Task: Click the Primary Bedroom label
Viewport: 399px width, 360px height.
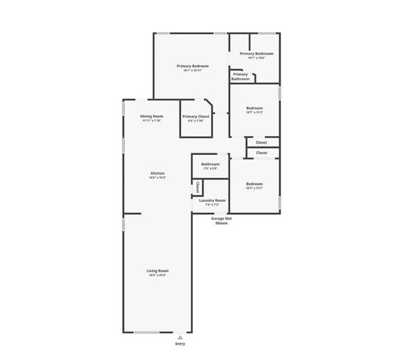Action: [192, 66]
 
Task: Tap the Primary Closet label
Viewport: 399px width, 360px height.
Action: [196, 116]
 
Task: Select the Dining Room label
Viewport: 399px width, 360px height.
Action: [151, 116]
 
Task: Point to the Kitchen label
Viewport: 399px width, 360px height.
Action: [158, 174]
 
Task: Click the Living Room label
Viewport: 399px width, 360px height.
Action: [157, 270]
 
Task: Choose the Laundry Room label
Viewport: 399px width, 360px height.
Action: [213, 200]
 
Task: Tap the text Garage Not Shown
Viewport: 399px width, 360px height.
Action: [222, 221]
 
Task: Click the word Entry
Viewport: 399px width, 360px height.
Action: [180, 345]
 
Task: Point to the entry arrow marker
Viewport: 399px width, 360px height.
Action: [180, 337]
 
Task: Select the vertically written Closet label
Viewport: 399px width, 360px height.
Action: [198, 187]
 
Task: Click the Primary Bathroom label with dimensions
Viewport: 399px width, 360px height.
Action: [257, 54]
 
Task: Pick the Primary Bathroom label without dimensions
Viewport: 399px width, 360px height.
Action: [240, 77]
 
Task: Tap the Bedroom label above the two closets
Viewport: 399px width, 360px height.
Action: [255, 108]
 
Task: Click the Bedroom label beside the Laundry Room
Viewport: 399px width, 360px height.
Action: [255, 183]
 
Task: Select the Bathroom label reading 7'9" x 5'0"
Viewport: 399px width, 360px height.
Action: [211, 164]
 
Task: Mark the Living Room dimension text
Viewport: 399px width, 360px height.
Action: [157, 275]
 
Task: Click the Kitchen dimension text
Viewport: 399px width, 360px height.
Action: [158, 178]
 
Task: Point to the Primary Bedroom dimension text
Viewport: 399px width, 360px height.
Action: [192, 71]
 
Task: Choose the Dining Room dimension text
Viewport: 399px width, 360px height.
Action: [151, 120]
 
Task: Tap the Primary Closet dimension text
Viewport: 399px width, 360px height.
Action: [196, 120]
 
